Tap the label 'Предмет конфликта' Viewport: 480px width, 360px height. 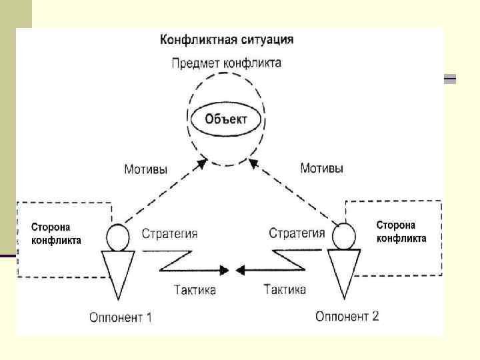tap(226, 64)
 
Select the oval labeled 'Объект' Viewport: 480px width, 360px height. tap(226, 119)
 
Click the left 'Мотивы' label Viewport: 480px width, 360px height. tap(145, 169)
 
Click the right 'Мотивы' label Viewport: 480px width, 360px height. tap(322, 169)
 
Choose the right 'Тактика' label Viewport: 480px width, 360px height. tap(285, 289)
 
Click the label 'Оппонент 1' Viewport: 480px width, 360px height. tap(121, 317)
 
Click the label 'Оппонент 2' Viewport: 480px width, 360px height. tap(347, 315)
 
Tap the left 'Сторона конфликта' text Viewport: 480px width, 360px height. tap(57, 234)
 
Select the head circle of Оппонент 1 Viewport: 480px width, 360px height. tap(117, 236)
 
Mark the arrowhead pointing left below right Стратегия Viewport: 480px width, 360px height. tap(242, 270)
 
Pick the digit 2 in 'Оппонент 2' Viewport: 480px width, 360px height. tap(375, 315)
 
